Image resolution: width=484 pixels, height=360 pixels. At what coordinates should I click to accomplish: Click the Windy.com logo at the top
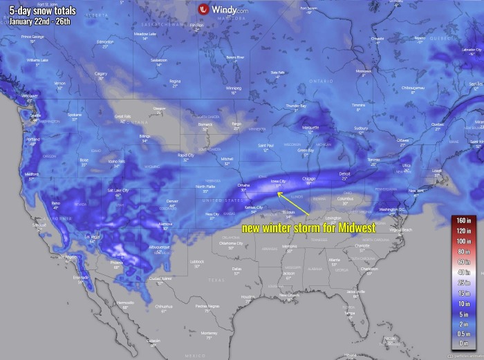[223, 10]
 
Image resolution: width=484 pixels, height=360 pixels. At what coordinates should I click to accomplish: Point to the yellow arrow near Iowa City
[291, 205]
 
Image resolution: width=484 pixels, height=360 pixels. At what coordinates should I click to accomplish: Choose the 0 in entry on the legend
[463, 343]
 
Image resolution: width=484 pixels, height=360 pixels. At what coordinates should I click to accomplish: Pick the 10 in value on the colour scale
[463, 304]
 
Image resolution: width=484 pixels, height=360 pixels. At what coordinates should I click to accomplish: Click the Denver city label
[172, 200]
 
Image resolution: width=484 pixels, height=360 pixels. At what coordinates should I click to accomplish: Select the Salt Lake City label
[118, 190]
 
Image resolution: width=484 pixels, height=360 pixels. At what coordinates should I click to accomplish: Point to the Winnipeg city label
[234, 88]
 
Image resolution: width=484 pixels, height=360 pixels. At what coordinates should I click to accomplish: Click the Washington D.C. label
[392, 209]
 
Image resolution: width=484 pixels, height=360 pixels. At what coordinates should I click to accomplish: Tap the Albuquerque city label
[159, 247]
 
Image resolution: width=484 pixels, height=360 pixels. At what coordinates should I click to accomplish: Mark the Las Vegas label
[92, 237]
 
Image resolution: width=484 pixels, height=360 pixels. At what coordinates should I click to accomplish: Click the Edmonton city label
[105, 41]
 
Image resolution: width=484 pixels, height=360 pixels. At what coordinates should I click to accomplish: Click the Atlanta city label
[334, 260]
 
